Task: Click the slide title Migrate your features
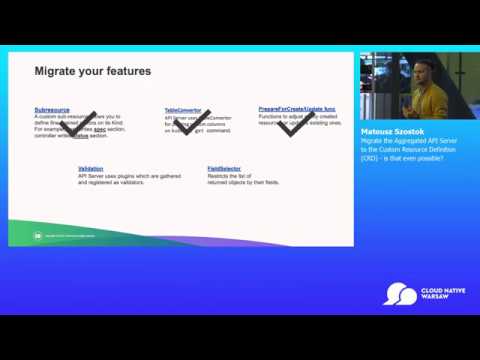point(93,71)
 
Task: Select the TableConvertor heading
point(183,110)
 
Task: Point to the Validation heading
point(91,168)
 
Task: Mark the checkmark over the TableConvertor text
point(191,122)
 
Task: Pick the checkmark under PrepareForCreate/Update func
point(296,125)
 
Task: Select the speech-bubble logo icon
point(400,294)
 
